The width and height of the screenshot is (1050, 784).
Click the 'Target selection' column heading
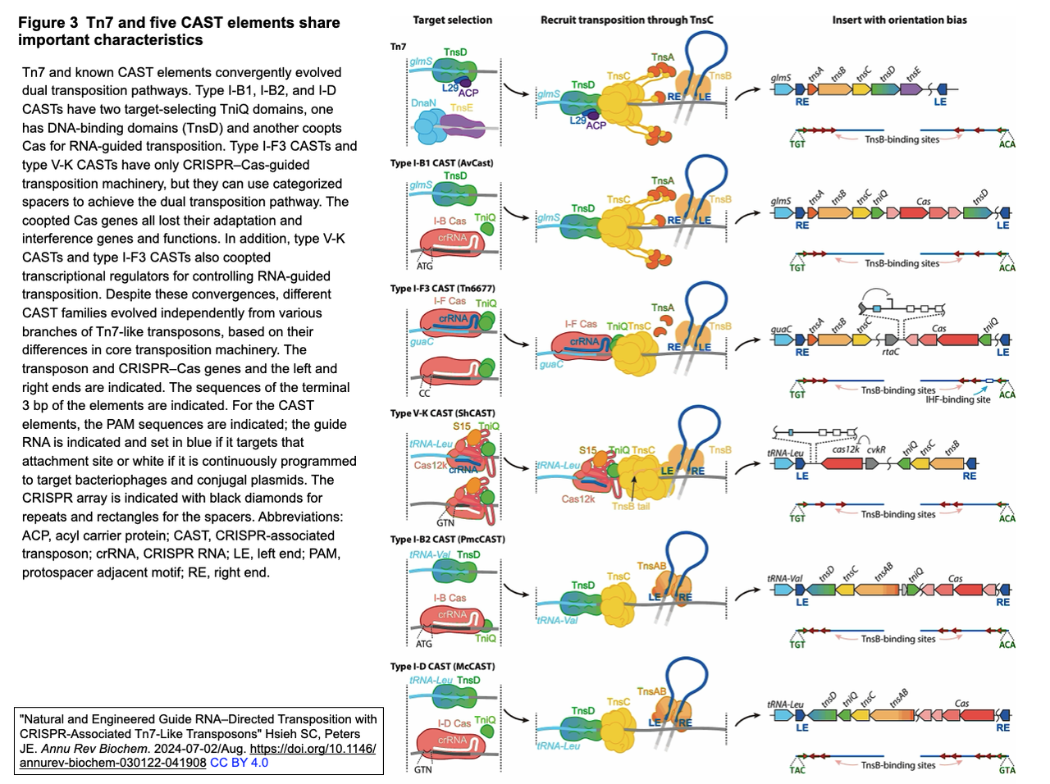pos(452,20)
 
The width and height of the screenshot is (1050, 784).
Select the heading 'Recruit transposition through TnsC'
pos(627,20)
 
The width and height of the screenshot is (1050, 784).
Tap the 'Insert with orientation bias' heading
pos(899,20)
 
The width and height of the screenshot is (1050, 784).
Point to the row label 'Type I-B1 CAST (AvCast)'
pos(441,163)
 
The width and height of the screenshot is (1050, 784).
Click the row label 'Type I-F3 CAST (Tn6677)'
pos(442,289)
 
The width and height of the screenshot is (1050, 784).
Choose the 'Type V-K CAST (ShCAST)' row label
pos(442,413)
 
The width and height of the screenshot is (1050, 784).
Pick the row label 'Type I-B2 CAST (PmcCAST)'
pos(447,540)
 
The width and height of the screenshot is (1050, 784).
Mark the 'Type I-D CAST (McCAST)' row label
pos(442,667)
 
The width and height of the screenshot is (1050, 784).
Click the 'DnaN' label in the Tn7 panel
pos(423,103)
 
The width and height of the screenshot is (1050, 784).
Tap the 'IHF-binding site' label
pos(957,399)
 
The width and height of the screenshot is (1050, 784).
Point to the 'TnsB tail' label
pos(630,507)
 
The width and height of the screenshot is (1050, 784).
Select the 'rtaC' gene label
pos(890,352)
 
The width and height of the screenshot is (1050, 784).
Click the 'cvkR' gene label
pos(876,449)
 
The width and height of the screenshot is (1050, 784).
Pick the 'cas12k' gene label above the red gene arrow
pos(846,449)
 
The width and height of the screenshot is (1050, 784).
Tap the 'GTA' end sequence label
pos(1007,770)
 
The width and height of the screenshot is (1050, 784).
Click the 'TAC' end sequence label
pos(797,770)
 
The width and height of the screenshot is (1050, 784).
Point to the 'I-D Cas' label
pos(454,723)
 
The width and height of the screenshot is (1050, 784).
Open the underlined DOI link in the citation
pos(313,749)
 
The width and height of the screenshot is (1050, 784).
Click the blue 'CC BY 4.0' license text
pos(239,763)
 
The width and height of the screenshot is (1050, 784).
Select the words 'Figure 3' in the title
pos(48,23)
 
